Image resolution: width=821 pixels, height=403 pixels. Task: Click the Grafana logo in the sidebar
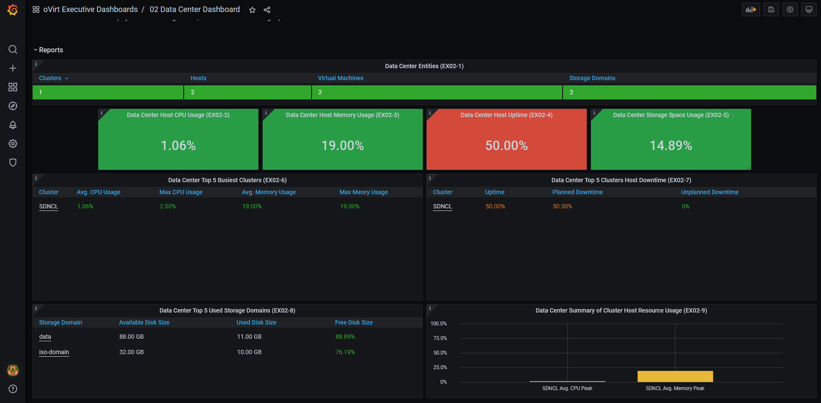click(13, 9)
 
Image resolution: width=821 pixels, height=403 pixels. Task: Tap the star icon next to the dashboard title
click(252, 10)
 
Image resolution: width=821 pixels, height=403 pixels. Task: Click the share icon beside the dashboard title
click(267, 10)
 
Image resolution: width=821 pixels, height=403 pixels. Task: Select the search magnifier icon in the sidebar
click(13, 49)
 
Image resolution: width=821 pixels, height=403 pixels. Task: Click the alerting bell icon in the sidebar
click(13, 125)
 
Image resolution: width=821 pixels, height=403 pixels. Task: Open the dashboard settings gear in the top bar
click(790, 9)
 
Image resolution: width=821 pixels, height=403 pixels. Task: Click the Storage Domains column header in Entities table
click(592, 78)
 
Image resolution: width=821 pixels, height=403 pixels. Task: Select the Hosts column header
click(198, 78)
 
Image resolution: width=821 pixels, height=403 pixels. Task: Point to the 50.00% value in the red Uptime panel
click(506, 146)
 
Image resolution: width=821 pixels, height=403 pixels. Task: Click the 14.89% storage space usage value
click(671, 146)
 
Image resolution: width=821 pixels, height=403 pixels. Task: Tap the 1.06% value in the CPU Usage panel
click(178, 146)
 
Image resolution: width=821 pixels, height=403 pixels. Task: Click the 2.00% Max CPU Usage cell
click(168, 206)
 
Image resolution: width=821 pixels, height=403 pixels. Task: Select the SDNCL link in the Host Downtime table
click(442, 206)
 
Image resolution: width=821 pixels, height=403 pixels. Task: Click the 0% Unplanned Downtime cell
click(685, 206)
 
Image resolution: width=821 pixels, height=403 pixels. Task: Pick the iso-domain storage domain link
click(54, 352)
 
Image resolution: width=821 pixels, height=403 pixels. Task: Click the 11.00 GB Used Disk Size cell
click(249, 337)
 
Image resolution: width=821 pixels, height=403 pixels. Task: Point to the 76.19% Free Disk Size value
click(345, 352)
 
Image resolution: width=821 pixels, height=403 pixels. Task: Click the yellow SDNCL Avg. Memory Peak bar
click(675, 376)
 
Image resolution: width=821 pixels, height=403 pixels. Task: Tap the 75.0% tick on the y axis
click(440, 338)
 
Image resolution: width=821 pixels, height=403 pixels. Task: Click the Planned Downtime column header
click(578, 192)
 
